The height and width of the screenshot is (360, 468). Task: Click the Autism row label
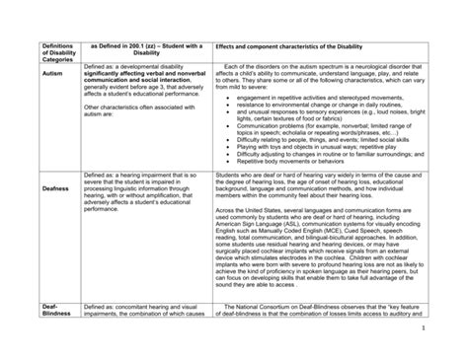[44, 73]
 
